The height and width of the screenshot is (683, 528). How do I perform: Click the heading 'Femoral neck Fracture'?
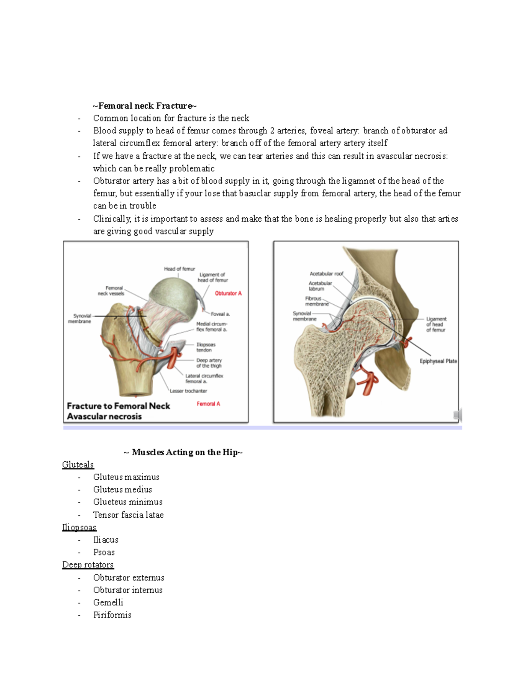pos(145,106)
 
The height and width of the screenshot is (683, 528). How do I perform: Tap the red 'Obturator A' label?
pos(228,293)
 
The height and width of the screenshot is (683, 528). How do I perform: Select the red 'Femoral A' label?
pos(208,404)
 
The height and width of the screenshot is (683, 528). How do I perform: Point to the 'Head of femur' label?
pos(179,269)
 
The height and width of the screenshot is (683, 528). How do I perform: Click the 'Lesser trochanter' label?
pos(188,391)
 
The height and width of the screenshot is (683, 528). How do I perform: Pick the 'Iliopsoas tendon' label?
pos(205,347)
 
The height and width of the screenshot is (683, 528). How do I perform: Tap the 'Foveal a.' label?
pos(220,314)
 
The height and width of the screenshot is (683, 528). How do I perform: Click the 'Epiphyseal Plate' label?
pos(438,361)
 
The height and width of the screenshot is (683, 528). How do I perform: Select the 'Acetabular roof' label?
pos(326,274)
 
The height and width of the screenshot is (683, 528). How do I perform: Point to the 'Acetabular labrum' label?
pos(320,286)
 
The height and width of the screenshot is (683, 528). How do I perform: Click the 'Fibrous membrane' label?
pos(316,301)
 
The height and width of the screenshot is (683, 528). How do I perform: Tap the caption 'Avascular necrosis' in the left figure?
pos(104,416)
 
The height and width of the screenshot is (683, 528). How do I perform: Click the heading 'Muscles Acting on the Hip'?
pos(183,452)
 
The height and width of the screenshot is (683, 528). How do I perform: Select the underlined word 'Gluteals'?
pos(78,464)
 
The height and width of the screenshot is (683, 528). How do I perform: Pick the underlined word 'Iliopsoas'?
pos(79,527)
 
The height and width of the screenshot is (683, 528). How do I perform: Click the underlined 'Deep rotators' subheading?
pos(88,564)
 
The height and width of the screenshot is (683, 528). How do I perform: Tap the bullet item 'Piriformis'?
pos(112,615)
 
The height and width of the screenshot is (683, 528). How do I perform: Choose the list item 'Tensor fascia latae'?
pos(128,515)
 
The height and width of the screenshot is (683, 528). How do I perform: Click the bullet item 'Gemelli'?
pos(108,602)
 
